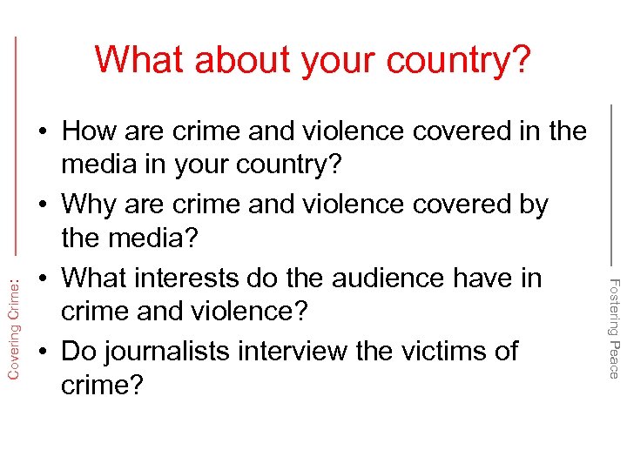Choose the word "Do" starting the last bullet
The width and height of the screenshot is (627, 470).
80,351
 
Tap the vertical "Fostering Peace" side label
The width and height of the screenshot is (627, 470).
613,326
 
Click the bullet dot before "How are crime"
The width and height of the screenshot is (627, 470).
41,132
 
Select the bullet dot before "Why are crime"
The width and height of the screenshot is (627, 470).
41,205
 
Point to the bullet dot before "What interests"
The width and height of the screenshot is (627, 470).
41,279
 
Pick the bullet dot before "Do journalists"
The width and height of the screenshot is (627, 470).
41,352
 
